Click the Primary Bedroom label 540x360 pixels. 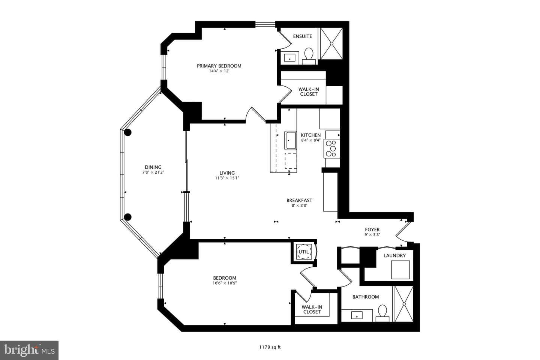click(x=219, y=66)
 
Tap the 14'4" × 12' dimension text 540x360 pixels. click(x=219, y=71)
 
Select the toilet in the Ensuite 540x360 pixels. click(x=309, y=56)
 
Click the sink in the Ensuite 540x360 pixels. click(x=289, y=58)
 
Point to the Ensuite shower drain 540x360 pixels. click(x=331, y=43)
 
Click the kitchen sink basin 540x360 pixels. click(x=291, y=140)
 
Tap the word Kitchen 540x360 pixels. click(x=311, y=135)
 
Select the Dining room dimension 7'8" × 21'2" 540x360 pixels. click(x=153, y=172)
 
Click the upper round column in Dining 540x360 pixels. click(x=127, y=132)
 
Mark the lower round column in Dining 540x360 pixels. click(x=128, y=217)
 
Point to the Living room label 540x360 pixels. click(x=227, y=173)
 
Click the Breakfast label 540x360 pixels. click(x=299, y=200)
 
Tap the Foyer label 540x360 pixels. click(x=372, y=229)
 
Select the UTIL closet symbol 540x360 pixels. click(x=303, y=252)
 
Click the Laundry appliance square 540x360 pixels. click(x=400, y=270)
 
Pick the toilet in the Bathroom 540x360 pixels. click(x=382, y=313)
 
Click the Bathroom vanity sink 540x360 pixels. click(x=357, y=315)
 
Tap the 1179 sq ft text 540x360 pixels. click(x=270, y=347)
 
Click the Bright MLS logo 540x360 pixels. click(x=29, y=350)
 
